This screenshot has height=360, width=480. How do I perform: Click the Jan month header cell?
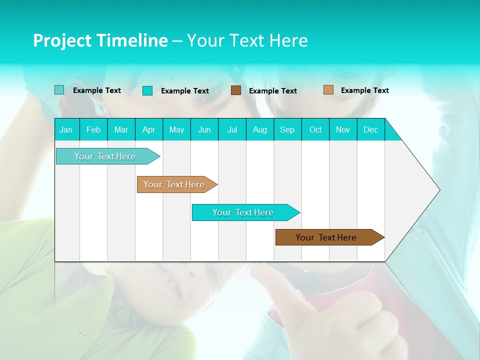tap(66, 129)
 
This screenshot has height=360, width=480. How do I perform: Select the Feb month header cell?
tap(93, 129)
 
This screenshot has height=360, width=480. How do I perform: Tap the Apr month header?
tap(149, 129)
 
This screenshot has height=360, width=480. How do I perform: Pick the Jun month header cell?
tap(204, 129)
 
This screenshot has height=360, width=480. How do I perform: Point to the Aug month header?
tap(260, 129)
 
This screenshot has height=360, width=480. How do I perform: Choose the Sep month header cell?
tap(287, 129)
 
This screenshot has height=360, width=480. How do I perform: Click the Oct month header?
tap(315, 129)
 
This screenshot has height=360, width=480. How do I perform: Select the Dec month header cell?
tap(371, 129)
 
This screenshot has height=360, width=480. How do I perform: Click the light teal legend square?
tap(59, 90)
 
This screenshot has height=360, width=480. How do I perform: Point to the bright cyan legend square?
tap(147, 90)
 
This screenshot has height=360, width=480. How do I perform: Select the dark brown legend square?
tap(236, 90)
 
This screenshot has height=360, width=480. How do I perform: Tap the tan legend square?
tap(328, 89)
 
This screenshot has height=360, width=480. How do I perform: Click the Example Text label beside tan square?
tap(364, 90)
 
